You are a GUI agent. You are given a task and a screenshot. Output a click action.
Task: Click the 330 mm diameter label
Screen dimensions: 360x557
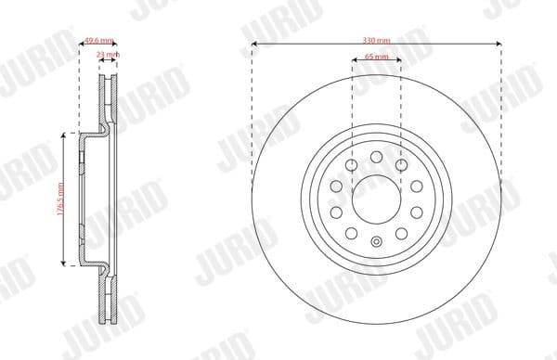pos(376,41)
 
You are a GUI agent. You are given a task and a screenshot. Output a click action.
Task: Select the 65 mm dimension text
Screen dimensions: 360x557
pos(376,58)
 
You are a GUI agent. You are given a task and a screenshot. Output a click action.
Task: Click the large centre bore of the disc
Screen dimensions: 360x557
pos(376,196)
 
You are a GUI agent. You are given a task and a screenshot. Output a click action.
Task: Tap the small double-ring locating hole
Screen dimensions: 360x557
pos(376,245)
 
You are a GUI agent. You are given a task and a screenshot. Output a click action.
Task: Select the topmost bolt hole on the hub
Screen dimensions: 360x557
pos(376,155)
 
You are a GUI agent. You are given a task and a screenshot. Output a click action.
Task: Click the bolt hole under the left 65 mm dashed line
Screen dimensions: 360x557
pos(352,165)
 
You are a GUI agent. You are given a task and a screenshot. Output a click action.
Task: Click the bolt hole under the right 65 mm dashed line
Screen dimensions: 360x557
pos(400,165)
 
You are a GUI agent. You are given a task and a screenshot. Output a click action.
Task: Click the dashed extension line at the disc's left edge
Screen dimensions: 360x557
pos(252,111)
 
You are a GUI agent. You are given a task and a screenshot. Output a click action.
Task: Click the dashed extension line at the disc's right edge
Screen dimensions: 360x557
pos(501,111)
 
